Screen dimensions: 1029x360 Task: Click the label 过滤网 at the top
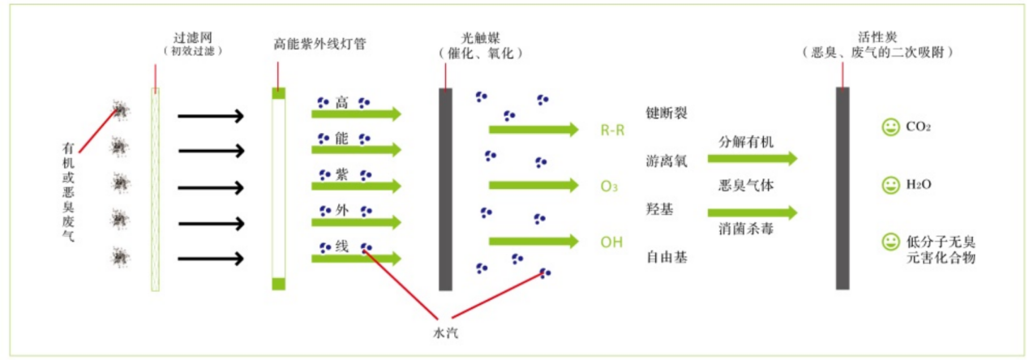(192, 37)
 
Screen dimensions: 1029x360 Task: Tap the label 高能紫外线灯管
(319, 44)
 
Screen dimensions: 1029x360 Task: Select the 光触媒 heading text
(481, 37)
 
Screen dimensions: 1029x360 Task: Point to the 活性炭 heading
(877, 36)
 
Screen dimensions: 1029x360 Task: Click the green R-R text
(612, 131)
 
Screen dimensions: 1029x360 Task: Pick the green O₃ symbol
(609, 186)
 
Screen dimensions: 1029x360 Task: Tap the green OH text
(611, 242)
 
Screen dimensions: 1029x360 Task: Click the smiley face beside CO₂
(890, 126)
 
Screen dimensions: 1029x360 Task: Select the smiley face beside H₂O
(890, 185)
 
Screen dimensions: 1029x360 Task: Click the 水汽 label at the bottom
(446, 333)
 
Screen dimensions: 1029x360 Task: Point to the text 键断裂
(667, 113)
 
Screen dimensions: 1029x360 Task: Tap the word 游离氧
(667, 161)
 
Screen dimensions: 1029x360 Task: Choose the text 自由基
(667, 257)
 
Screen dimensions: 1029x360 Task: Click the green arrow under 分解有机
(752, 158)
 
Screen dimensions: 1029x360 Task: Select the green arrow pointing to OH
(534, 241)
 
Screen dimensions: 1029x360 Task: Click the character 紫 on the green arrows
(341, 174)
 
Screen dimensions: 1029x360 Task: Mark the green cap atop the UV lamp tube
(278, 93)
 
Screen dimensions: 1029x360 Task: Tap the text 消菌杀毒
(746, 229)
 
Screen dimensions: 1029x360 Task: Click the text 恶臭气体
(746, 186)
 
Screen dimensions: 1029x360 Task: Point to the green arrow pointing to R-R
(534, 130)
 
